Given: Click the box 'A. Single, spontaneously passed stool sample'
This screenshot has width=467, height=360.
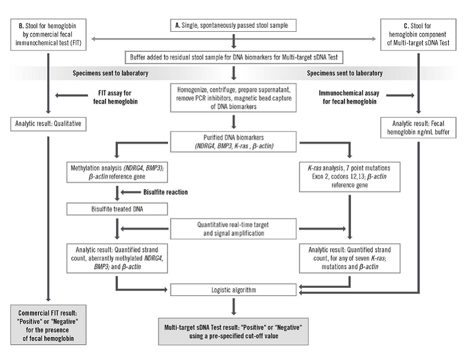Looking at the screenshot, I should coord(234,25).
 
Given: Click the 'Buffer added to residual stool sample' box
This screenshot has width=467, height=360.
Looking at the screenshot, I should coord(234,57).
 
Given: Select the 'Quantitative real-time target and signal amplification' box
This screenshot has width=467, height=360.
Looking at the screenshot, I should coord(234,228).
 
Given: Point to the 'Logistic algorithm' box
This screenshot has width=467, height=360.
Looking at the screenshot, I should coord(234,289).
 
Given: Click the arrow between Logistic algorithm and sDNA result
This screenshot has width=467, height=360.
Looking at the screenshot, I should coord(234,306).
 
